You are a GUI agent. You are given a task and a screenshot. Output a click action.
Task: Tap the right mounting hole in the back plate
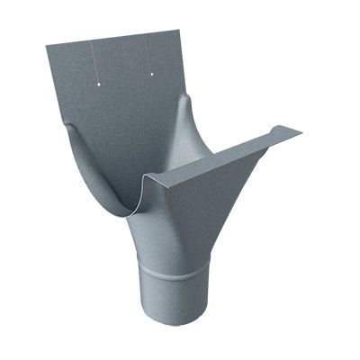tap(151, 72)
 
